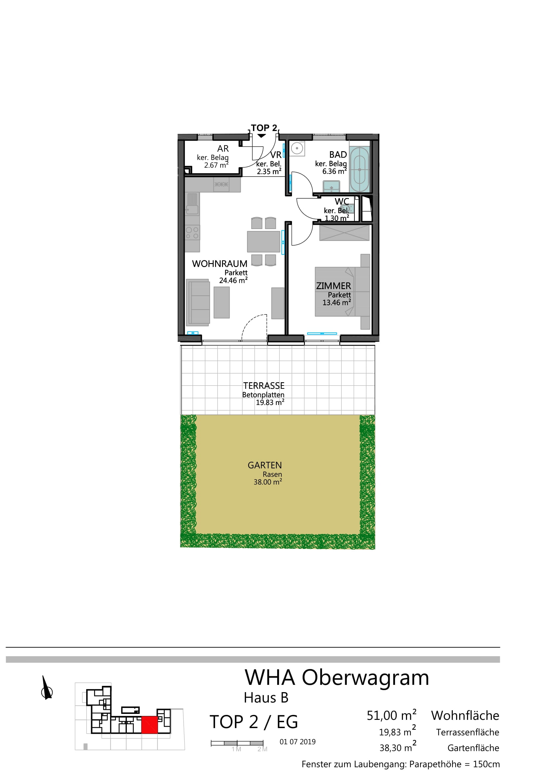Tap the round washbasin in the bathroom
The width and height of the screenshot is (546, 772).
pyautogui.click(x=297, y=148)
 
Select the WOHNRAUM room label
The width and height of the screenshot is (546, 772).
pyautogui.click(x=220, y=264)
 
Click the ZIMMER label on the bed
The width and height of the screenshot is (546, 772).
pyautogui.click(x=333, y=286)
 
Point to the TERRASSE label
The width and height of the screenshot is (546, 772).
pyautogui.click(x=264, y=386)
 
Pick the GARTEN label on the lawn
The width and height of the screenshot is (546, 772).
pyautogui.click(x=265, y=465)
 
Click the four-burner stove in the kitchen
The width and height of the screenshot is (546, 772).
pyautogui.click(x=193, y=233)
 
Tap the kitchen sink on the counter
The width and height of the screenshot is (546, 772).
pyautogui.click(x=192, y=204)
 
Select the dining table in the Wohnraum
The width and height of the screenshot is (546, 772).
pyautogui.click(x=264, y=241)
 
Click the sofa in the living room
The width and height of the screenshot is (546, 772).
pyautogui.click(x=198, y=302)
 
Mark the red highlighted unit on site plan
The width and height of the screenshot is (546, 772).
pyautogui.click(x=149, y=724)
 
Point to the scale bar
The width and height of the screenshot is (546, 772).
pyautogui.click(x=237, y=743)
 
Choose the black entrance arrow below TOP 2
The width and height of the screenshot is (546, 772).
pyautogui.click(x=261, y=136)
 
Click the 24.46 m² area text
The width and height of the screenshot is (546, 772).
pyautogui.click(x=234, y=281)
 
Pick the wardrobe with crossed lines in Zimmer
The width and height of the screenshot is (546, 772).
pyautogui.click(x=344, y=233)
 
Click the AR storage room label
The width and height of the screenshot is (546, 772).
pyautogui.click(x=223, y=149)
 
